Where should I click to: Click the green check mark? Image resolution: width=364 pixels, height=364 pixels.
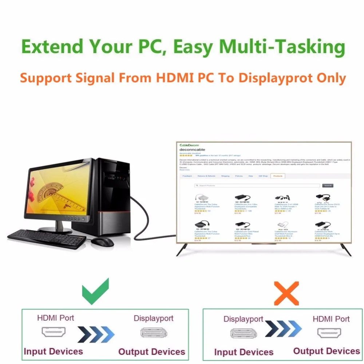coord(95,292)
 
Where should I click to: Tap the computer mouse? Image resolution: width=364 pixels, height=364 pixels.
coord(102,242)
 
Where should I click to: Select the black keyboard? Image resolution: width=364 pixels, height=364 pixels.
coord(47,239)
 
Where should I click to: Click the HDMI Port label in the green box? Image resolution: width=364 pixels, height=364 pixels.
coord(55,318)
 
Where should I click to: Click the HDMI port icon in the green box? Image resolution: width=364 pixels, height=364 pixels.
coord(54,332)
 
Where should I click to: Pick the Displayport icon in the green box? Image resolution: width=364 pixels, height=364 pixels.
coord(152,333)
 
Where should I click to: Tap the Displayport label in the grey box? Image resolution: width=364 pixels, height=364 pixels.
coord(243,319)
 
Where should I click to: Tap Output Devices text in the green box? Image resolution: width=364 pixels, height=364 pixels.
coord(151,352)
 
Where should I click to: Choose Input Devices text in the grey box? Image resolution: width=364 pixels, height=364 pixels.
coord(244,352)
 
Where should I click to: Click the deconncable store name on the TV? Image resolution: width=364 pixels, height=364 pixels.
coord(192,150)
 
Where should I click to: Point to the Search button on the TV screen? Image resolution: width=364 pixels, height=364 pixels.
coord(328,186)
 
